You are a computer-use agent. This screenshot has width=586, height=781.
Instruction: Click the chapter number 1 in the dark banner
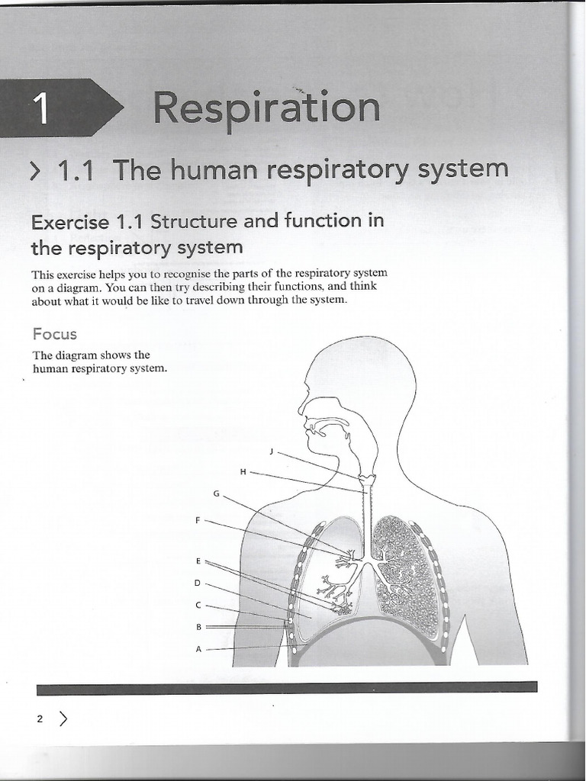pyautogui.click(x=42, y=108)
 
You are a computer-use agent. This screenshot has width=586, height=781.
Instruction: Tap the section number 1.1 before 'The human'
pyautogui.click(x=76, y=170)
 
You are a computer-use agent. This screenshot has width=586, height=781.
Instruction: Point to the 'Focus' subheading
pyautogui.click(x=54, y=334)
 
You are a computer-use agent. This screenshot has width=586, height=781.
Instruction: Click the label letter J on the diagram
pyautogui.click(x=271, y=452)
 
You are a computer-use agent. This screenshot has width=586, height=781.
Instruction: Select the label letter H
pyautogui.click(x=243, y=472)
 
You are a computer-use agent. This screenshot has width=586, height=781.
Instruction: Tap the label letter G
pyautogui.click(x=216, y=493)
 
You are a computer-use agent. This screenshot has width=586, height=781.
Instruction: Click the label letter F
pyautogui.click(x=198, y=520)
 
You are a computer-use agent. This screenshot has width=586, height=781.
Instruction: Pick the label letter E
pyautogui.click(x=198, y=561)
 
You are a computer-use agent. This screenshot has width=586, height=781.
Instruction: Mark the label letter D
pyautogui.click(x=197, y=583)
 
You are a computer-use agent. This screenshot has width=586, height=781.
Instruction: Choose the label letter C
pyautogui.click(x=198, y=606)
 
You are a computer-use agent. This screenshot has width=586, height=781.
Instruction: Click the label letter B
pyautogui.click(x=198, y=627)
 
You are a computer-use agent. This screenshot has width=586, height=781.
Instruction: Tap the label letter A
pyautogui.click(x=198, y=649)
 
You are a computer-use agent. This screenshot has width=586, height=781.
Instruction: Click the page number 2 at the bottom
pyautogui.click(x=40, y=718)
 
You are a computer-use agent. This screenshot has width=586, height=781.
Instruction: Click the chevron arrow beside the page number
pyautogui.click(x=63, y=718)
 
